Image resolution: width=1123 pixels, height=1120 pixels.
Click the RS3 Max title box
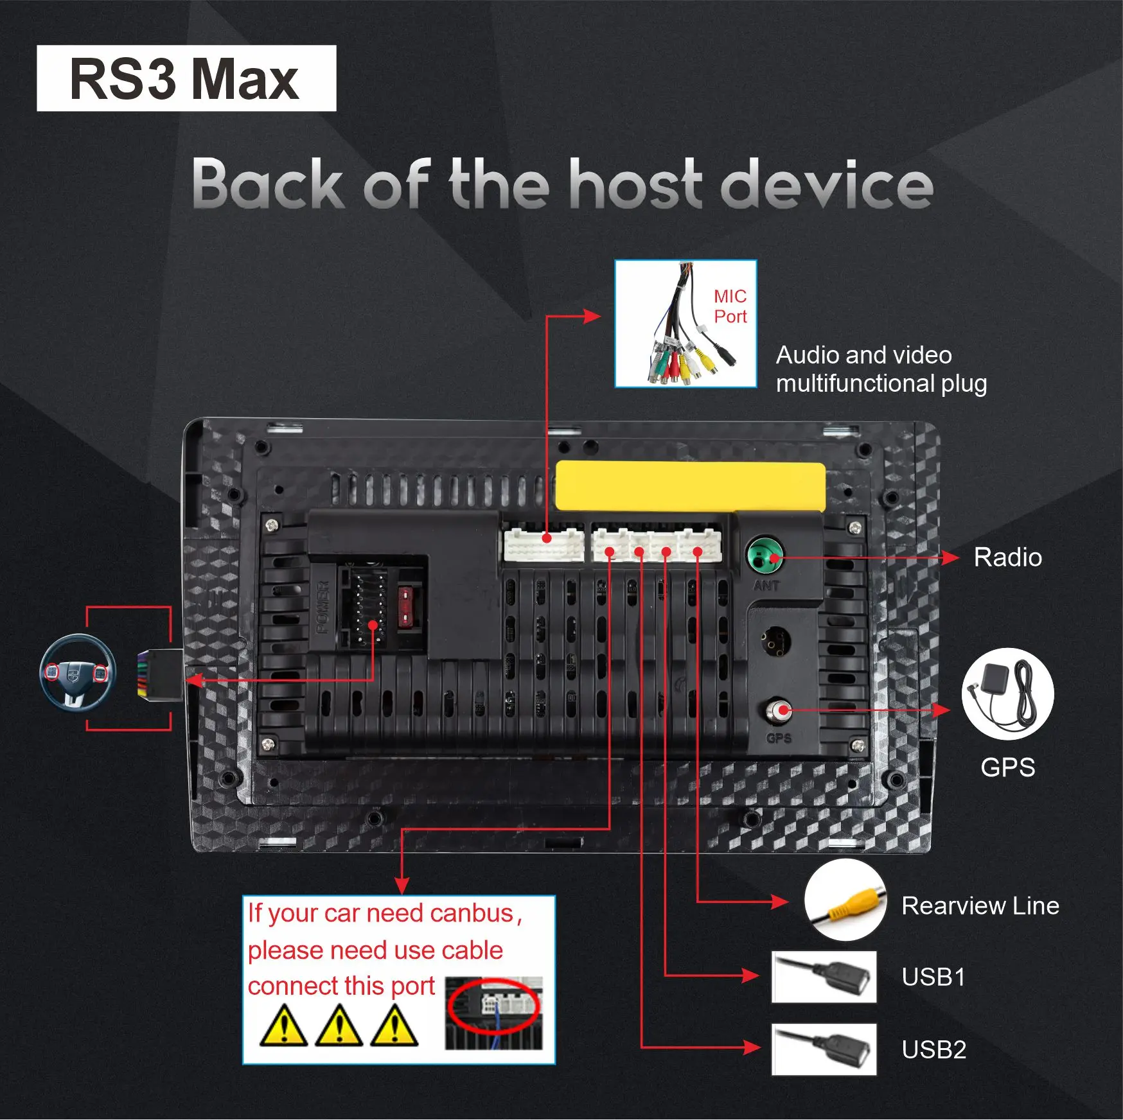[x=186, y=78]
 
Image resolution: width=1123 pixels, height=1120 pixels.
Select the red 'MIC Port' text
[x=730, y=306]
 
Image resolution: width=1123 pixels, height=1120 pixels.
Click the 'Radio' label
[x=1007, y=557]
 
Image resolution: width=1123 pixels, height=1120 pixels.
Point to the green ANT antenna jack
[x=765, y=556]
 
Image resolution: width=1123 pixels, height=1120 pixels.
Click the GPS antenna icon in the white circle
[x=1007, y=694]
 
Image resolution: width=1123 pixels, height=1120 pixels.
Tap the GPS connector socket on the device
[x=779, y=711]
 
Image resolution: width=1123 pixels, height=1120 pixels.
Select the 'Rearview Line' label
[x=980, y=906]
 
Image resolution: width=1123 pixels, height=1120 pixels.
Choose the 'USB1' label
[x=933, y=977]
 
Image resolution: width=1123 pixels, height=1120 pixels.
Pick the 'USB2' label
[x=933, y=1050]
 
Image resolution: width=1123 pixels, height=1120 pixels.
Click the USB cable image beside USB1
[x=824, y=977]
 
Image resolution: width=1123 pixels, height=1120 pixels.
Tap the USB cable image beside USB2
[x=824, y=1049]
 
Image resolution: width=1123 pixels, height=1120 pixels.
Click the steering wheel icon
[x=77, y=672]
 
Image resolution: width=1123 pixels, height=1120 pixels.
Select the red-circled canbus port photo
[x=493, y=1013]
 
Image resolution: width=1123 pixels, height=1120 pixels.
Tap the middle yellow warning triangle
[x=339, y=1026]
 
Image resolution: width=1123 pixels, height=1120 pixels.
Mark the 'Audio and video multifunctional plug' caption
[x=881, y=369]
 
